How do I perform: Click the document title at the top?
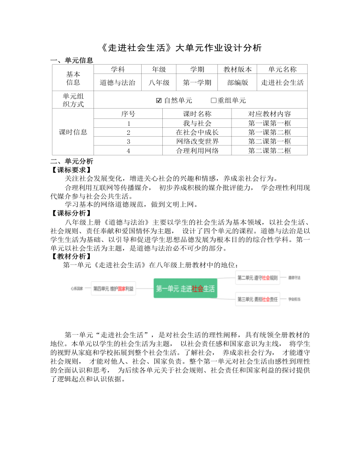tap(181, 48)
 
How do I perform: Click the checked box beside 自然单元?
tap(158, 100)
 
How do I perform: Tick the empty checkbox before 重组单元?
tap(214, 100)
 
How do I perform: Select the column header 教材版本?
tap(237, 69)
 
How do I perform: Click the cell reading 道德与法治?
tap(117, 83)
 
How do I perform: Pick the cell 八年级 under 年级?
tap(159, 83)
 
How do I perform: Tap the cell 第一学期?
tap(197, 83)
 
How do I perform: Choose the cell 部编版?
tap(237, 83)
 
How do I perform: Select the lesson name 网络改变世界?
tap(197, 141)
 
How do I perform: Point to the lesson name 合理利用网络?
tap(197, 150)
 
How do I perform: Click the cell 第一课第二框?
tap(269, 132)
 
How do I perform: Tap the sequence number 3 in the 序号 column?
tap(128, 141)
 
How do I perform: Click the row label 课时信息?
tap(73, 132)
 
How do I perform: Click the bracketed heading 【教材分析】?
tap(72, 256)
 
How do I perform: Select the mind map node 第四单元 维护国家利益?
tap(113, 289)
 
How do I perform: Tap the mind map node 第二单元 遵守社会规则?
tap(258, 278)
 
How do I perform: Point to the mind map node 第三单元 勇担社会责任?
tap(258, 299)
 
